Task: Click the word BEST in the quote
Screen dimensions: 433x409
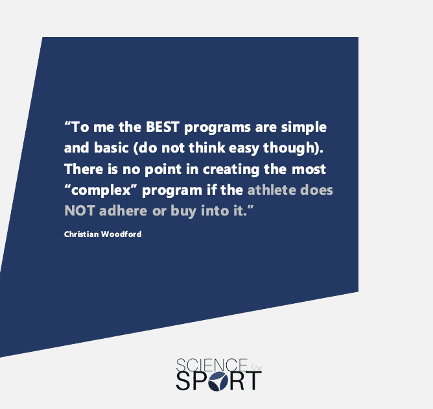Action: (163, 127)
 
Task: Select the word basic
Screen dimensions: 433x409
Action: (111, 147)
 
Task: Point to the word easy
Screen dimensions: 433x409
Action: (244, 149)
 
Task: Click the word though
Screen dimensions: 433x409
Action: (289, 149)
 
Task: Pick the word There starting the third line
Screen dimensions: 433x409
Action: (84, 169)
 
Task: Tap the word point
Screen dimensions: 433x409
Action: (163, 170)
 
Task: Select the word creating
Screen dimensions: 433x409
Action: (231, 170)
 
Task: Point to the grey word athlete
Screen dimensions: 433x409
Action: (272, 190)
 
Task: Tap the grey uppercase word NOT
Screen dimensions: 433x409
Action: (80, 211)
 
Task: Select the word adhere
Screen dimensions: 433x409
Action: (123, 211)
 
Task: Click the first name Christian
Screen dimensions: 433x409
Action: (82, 234)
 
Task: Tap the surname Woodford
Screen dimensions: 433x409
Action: (121, 234)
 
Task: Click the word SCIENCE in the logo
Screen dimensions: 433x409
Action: (212, 365)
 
